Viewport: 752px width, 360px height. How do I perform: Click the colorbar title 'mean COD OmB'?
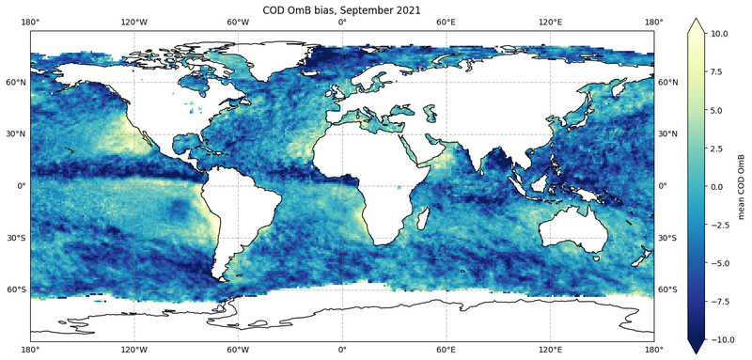pos(743,187)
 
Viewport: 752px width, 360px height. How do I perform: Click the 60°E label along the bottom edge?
pos(446,348)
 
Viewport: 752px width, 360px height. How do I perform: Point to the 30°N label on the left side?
pos(16,134)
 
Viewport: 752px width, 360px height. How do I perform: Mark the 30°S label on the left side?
pos(16,238)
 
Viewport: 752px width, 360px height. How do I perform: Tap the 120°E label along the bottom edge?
pos(550,348)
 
